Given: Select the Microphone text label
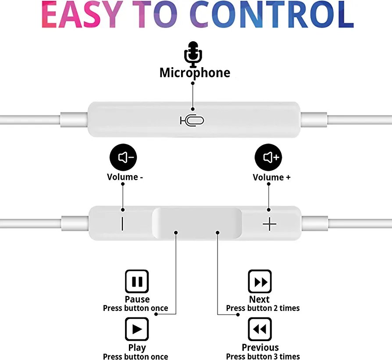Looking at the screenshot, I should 195,72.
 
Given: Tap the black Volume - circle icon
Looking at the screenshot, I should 124,157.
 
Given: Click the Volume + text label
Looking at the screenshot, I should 271,177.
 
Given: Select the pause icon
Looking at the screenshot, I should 137,281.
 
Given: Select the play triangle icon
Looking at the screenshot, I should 137,329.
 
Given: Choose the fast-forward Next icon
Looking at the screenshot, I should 260,281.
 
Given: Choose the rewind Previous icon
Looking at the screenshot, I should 260,329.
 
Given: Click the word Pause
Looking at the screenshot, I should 137,299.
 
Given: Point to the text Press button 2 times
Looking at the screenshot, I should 263,308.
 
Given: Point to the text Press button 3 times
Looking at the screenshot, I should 263,356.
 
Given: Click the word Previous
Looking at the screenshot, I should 260,348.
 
